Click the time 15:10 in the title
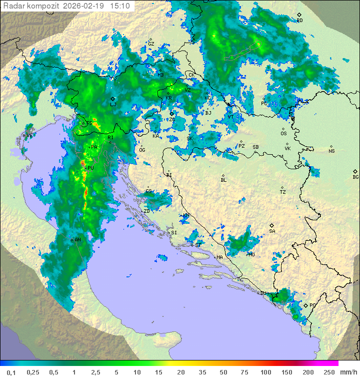tap(121, 6)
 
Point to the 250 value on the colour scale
tap(329, 372)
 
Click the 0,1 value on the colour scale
tap(11, 372)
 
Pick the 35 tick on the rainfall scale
tap(202, 372)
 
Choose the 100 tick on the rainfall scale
tap(265, 372)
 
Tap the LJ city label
tap(113, 105)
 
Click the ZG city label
tap(171, 119)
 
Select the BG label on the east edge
tap(355, 177)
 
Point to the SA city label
tap(272, 231)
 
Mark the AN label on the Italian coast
tap(77, 240)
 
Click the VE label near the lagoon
tap(29, 135)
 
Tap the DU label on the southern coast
tap(263, 293)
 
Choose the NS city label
tap(331, 151)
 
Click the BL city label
tap(223, 180)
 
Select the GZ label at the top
tap(151, 44)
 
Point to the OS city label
tap(283, 134)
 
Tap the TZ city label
tap(282, 192)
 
